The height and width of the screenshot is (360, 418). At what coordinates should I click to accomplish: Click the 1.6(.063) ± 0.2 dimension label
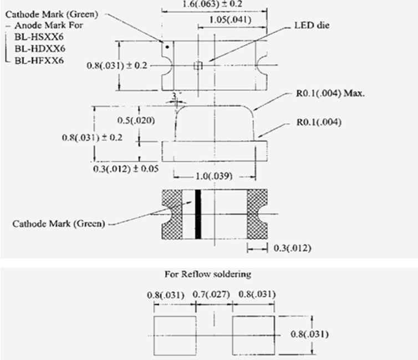click(212, 4)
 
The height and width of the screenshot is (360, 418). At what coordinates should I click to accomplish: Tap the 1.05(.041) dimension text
click(230, 20)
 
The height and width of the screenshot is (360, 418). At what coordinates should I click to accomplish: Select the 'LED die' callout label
click(312, 26)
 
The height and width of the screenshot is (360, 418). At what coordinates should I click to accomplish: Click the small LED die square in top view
click(198, 65)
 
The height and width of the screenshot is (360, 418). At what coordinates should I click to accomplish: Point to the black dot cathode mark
click(167, 47)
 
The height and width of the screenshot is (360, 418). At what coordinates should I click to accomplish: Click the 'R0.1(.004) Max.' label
click(330, 93)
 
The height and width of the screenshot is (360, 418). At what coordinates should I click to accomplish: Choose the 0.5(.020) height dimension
click(136, 120)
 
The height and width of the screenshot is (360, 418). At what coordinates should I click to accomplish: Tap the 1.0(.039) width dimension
click(214, 176)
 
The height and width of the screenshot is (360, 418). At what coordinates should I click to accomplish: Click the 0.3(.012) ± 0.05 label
click(126, 169)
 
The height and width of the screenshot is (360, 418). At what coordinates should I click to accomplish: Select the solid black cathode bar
click(198, 214)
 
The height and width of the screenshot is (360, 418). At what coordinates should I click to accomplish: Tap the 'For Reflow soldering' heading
click(208, 274)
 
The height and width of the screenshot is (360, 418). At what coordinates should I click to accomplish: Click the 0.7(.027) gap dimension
click(211, 295)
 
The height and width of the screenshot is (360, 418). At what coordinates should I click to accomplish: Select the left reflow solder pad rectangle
click(175, 336)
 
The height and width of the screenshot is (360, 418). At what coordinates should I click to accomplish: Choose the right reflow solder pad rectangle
click(253, 336)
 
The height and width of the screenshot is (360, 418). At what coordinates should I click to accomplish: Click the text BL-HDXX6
click(40, 48)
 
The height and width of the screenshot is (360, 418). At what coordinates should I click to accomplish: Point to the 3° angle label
click(175, 95)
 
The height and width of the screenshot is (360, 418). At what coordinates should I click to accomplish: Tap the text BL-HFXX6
click(39, 60)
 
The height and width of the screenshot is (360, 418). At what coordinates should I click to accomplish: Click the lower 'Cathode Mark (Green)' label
click(59, 224)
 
